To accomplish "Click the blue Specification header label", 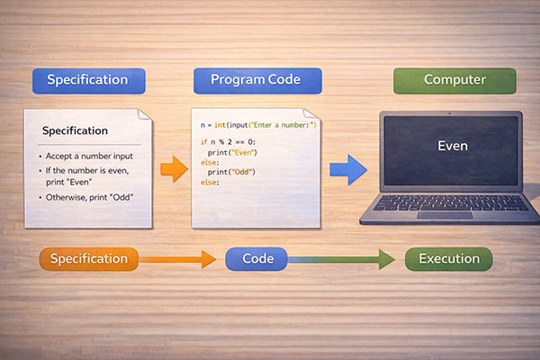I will (x=87, y=80).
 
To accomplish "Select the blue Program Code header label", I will (x=257, y=80).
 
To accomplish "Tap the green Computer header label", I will (x=454, y=80).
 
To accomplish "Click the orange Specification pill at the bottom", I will (x=89, y=259).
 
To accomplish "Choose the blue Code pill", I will (x=256, y=259).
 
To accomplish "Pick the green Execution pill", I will (x=448, y=259).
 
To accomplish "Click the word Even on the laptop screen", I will (x=452, y=145).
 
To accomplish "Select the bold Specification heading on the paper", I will (x=75, y=131).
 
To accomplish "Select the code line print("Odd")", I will (x=230, y=172).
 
